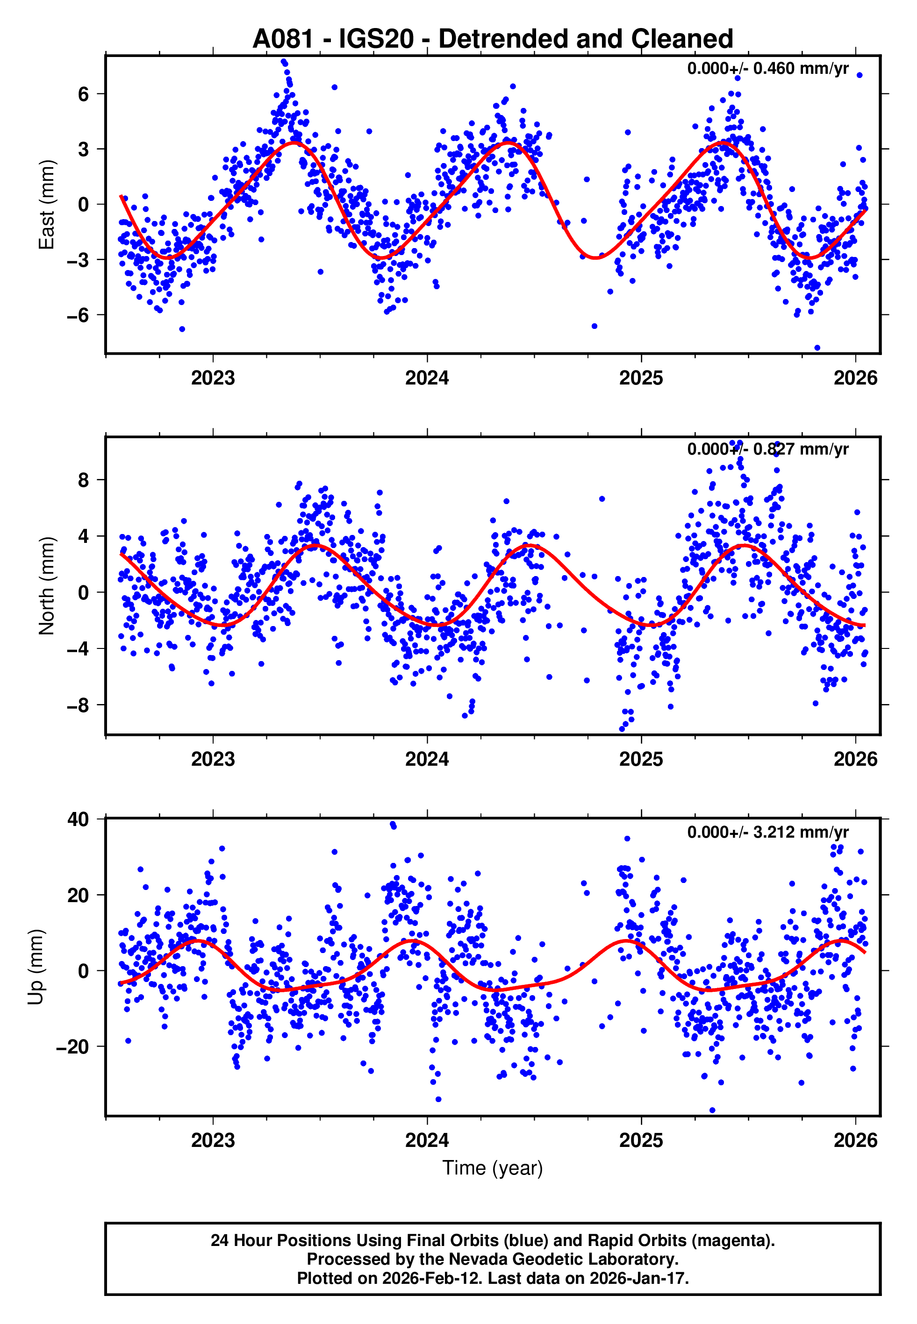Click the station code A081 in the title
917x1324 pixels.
pyautogui.click(x=283, y=39)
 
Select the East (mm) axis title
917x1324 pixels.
pyautogui.click(x=46, y=205)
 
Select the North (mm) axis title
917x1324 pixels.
pyautogui.click(x=46, y=586)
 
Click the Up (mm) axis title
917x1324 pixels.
pyautogui.click(x=36, y=967)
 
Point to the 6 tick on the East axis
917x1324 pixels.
pyautogui.click(x=84, y=94)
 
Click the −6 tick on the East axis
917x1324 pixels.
pyautogui.click(x=79, y=315)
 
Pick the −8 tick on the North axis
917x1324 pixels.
pyautogui.click(x=79, y=705)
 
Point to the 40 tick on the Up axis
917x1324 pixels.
pyautogui.click(x=78, y=819)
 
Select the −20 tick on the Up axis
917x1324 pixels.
pyautogui.click(x=72, y=1046)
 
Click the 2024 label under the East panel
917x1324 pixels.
pyautogui.click(x=427, y=378)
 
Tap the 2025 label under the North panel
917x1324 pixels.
pyautogui.click(x=641, y=759)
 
